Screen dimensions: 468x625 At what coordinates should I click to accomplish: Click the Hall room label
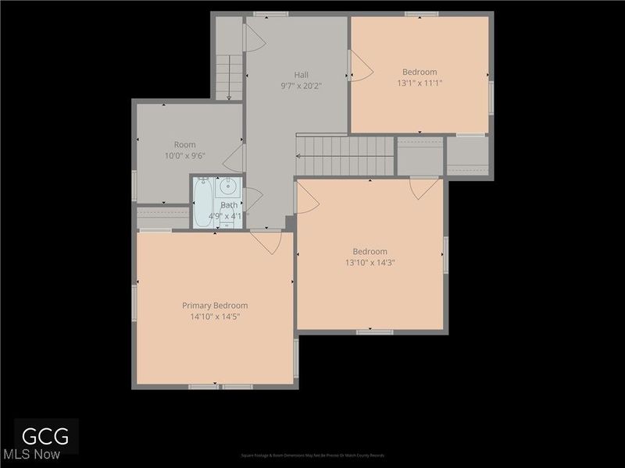pyautogui.click(x=301, y=75)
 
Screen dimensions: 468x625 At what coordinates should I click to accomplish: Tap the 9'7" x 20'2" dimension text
pyautogui.click(x=301, y=86)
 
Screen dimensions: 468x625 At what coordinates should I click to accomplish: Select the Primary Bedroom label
pyautogui.click(x=215, y=306)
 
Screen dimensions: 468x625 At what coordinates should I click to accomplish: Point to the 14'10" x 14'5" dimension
pyautogui.click(x=215, y=317)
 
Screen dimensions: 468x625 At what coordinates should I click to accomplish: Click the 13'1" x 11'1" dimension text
pyautogui.click(x=420, y=83)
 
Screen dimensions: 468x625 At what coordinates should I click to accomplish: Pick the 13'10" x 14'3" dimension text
pyautogui.click(x=370, y=263)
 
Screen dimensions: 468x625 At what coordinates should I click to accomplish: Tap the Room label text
pyautogui.click(x=185, y=144)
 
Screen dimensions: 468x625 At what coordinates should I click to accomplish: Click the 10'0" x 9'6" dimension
pyautogui.click(x=185, y=156)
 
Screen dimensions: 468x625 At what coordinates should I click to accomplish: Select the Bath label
pyautogui.click(x=229, y=205)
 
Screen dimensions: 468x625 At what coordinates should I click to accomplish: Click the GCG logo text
pyautogui.click(x=39, y=435)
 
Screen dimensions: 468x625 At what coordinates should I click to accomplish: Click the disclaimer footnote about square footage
pyautogui.click(x=312, y=456)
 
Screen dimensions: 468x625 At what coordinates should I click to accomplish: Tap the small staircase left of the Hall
pyautogui.click(x=229, y=76)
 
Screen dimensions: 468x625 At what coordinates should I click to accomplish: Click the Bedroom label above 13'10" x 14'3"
pyautogui.click(x=370, y=251)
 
